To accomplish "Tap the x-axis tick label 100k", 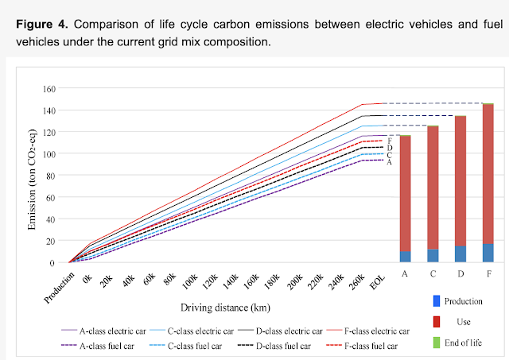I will tap(188, 283).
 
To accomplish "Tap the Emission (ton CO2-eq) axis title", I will tap(33, 176).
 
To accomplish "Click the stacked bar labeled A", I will tap(405, 199).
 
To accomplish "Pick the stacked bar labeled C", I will tap(433, 194).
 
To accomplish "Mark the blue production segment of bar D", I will tap(460, 254).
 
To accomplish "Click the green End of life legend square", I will tap(435, 342).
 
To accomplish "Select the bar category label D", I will tap(460, 274).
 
